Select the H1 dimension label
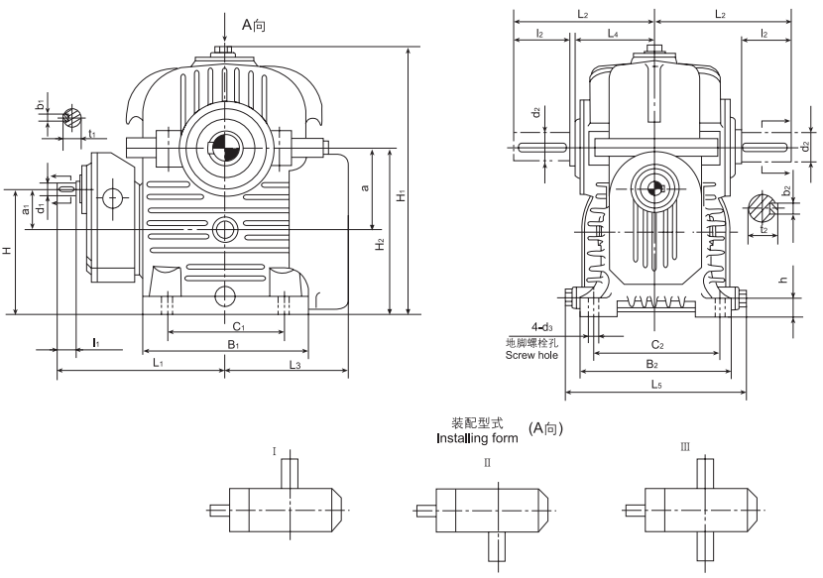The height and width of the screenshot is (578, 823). coord(402,197)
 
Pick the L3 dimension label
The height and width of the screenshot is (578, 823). coord(294,365)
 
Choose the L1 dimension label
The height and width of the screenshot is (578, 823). coord(158,365)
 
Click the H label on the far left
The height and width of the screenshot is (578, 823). coord(7,252)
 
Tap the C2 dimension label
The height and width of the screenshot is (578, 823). coord(656,345)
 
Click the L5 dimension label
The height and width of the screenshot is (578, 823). coord(656,384)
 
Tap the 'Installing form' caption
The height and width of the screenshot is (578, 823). coord(472,436)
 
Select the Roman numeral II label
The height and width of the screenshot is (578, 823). coord(487,462)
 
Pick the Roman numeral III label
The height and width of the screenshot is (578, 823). coord(684,448)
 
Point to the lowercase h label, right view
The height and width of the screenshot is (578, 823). coord(783,282)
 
